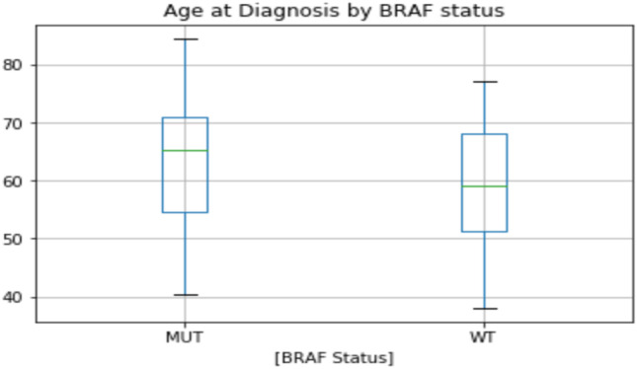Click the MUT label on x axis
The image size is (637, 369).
coord(185,336)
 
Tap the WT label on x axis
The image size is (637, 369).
coord(484,336)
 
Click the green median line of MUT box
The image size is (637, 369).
coord(185,150)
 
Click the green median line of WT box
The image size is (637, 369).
coord(484,185)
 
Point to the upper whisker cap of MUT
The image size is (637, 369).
coord(185,39)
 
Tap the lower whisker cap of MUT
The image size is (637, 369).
coord(185,294)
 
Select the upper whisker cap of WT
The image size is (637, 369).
coord(484,82)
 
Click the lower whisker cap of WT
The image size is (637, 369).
coord(484,309)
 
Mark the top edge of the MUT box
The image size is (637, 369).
coord(185,117)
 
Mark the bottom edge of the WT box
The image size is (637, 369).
coord(484,232)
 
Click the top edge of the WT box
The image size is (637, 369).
coord(484,134)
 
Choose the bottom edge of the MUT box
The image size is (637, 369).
coord(185,212)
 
